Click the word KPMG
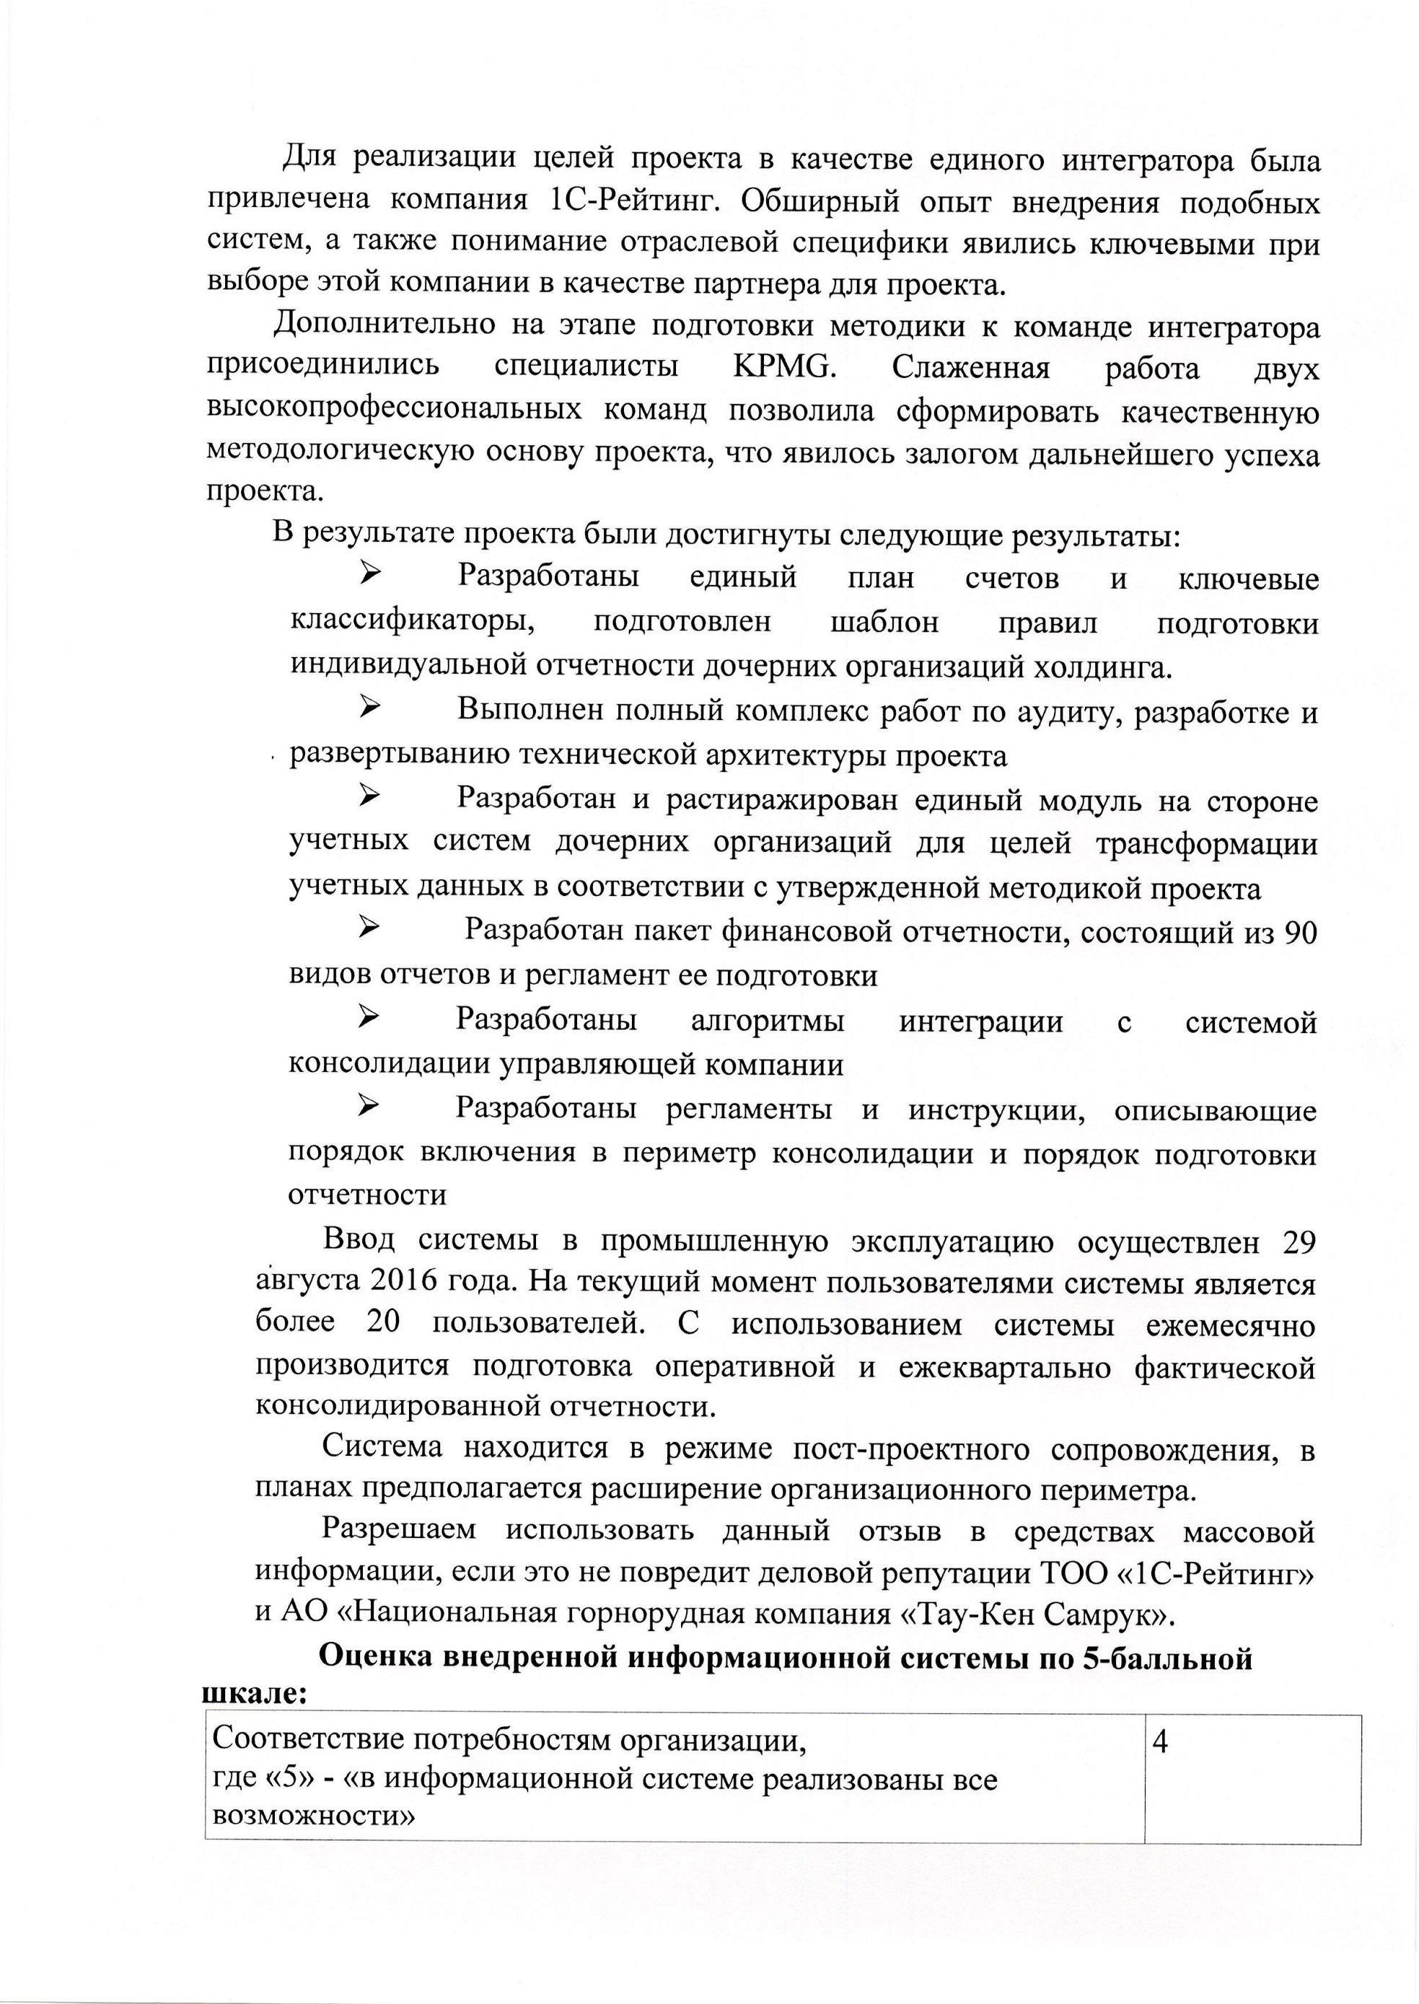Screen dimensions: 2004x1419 (x=786, y=367)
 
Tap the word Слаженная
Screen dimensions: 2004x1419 (x=971, y=367)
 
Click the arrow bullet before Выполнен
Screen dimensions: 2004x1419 (x=369, y=707)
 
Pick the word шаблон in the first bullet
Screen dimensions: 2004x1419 (x=884, y=623)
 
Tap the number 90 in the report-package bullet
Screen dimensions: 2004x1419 (x=1301, y=932)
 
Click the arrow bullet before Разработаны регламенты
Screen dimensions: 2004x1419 (x=369, y=1107)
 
